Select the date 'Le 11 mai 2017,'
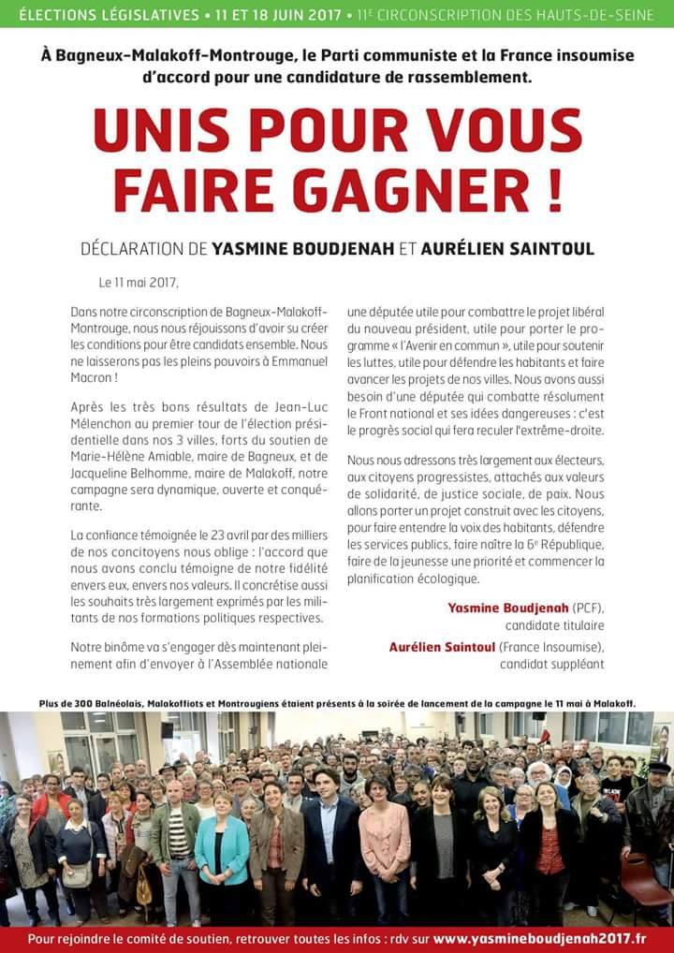tap(138, 282)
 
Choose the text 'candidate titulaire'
tap(554, 624)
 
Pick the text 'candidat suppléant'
tap(551, 664)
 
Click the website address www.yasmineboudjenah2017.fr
tap(538, 939)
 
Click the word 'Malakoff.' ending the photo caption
tap(612, 703)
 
